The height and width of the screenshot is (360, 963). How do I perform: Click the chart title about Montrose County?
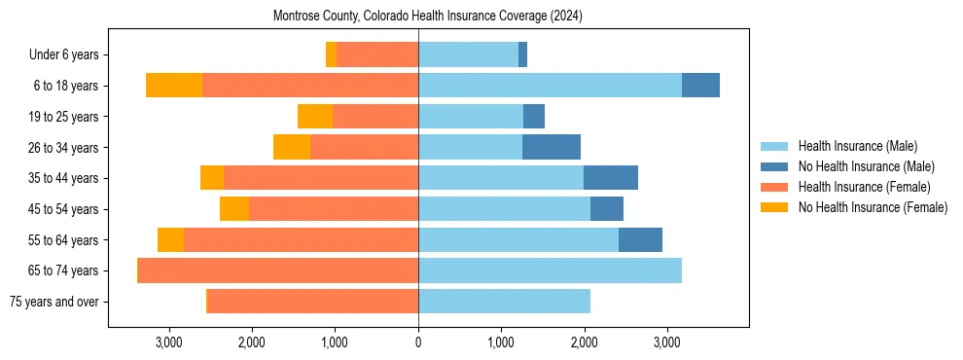[429, 16]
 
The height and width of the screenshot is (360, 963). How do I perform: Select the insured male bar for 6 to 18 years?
[550, 86]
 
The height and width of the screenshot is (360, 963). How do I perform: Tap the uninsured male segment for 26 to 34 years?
[552, 147]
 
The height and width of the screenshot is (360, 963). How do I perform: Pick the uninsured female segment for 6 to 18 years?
[174, 86]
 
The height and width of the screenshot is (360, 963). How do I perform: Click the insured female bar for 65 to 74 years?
[278, 270]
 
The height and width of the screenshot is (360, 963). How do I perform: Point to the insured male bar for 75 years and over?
[504, 302]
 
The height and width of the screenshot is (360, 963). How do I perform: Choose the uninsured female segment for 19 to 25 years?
[315, 117]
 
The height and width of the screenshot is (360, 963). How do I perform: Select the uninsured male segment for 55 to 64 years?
[640, 240]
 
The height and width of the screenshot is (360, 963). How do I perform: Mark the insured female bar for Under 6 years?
[377, 54]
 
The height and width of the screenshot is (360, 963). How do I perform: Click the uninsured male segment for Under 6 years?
[522, 54]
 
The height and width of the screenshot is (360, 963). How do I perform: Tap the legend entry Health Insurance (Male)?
[857, 146]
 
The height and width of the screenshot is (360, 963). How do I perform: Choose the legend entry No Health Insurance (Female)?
[872, 207]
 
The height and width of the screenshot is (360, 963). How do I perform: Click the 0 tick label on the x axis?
[418, 342]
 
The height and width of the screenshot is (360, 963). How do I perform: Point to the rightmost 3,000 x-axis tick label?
[666, 342]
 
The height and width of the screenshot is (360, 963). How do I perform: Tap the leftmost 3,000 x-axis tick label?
[169, 342]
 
